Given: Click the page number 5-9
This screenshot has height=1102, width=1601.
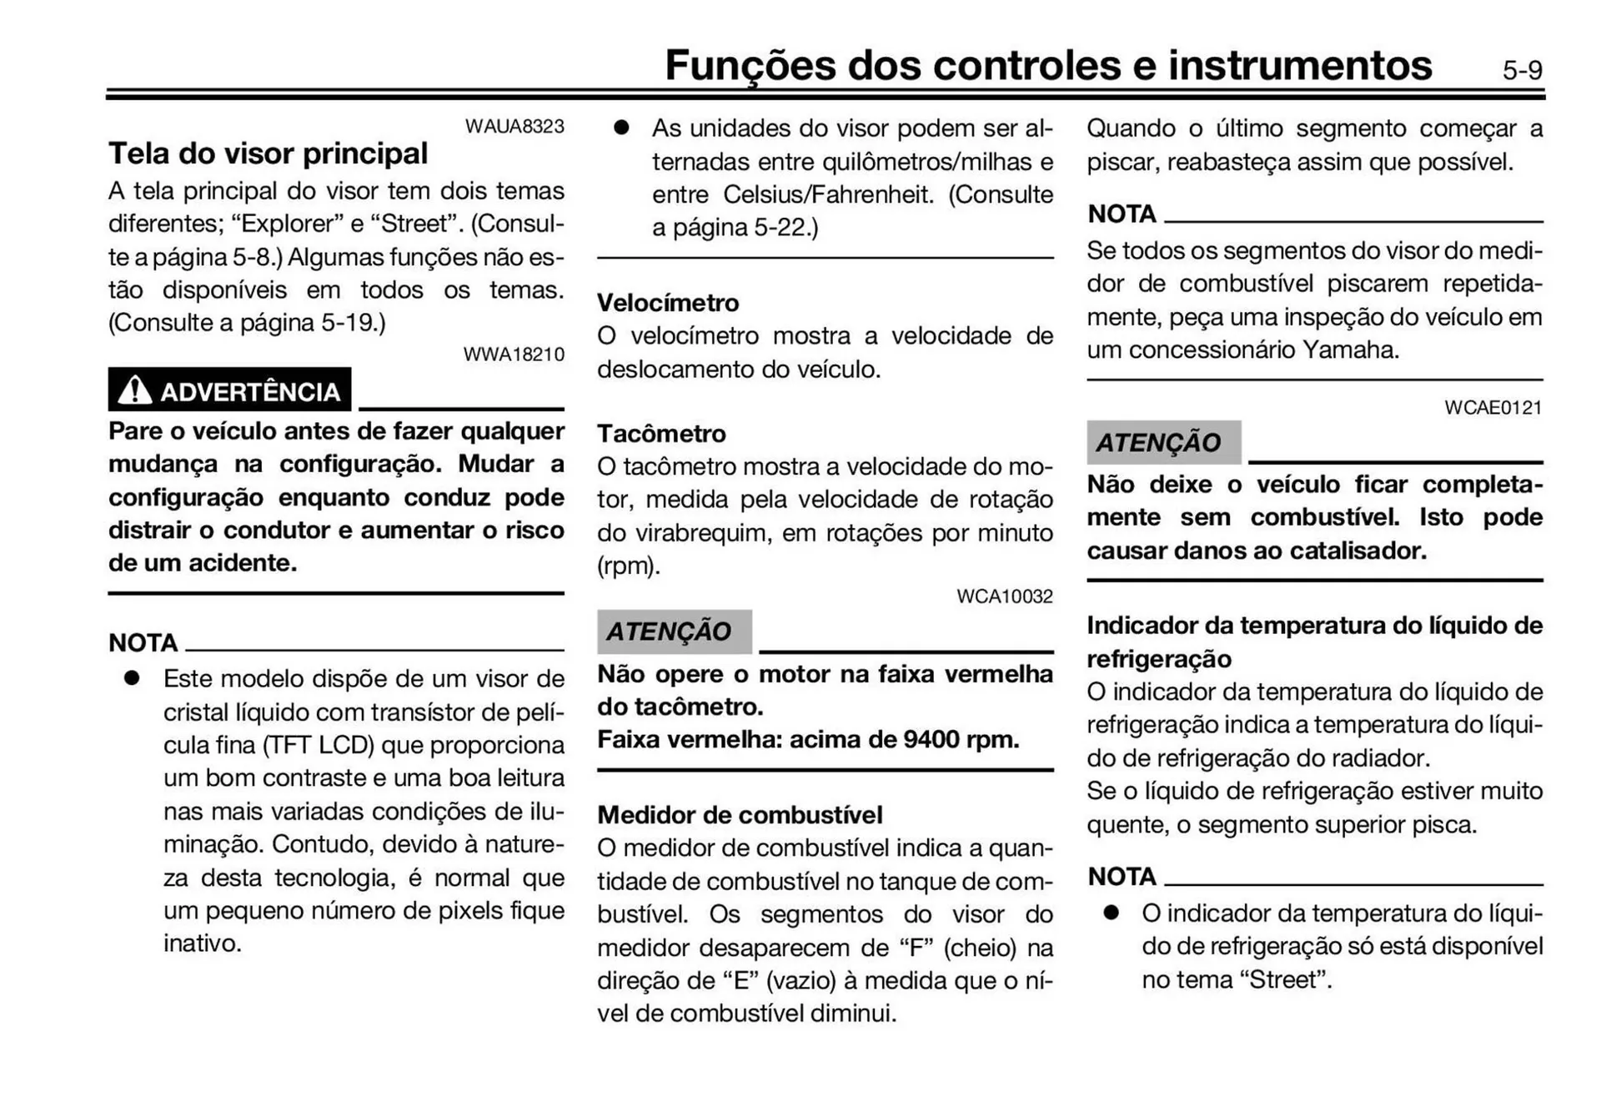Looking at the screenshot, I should click(x=1522, y=70).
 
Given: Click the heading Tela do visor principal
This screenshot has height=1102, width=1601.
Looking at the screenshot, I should click(x=268, y=153).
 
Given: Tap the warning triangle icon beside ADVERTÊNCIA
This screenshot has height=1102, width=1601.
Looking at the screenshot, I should click(x=134, y=390).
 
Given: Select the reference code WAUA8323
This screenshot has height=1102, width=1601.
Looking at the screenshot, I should click(x=514, y=126).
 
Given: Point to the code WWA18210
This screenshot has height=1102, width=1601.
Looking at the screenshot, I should click(x=514, y=354).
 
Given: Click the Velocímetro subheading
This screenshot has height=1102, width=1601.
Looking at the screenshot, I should click(x=668, y=303).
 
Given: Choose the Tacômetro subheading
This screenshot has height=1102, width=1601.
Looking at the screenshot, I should click(x=661, y=434).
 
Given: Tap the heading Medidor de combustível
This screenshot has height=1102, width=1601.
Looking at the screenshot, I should click(x=740, y=814).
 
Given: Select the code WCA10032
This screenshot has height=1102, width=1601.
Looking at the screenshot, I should click(x=1004, y=596).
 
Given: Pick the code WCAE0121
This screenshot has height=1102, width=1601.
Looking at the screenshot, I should click(x=1493, y=408).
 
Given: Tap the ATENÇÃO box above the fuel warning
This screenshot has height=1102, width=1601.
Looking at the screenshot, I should click(x=1162, y=442).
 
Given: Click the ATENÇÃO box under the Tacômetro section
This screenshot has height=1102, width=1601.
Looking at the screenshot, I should click(x=673, y=632).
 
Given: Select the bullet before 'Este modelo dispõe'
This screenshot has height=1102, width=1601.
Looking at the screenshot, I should click(x=132, y=678).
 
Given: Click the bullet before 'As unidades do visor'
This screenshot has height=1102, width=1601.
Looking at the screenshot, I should click(x=621, y=128).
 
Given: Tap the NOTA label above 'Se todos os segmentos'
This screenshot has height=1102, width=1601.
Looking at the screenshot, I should click(x=1122, y=214).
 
